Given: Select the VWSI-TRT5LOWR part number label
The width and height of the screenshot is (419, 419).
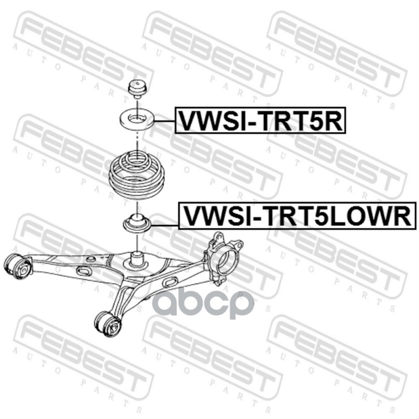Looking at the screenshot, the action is [x=296, y=216].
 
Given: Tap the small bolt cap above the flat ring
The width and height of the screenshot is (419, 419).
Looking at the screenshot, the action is [x=137, y=89].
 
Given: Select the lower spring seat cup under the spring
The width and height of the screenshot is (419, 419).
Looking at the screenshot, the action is [x=137, y=224].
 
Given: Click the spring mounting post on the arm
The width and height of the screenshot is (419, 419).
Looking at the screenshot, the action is [x=137, y=259].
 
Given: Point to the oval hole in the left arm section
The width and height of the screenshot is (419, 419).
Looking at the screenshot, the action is [x=83, y=271].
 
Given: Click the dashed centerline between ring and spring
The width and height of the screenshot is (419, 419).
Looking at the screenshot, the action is [x=137, y=140].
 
